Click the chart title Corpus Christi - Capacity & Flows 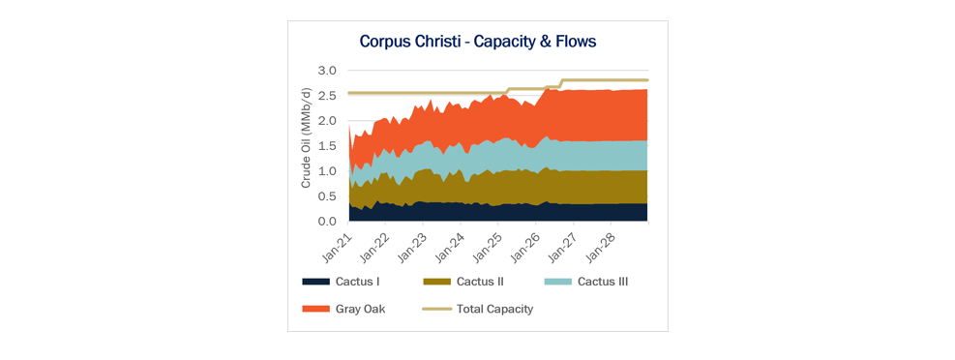(x=478, y=42)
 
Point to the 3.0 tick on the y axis (x=329, y=71)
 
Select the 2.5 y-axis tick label (x=329, y=96)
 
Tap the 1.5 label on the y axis (x=329, y=146)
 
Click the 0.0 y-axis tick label (x=329, y=222)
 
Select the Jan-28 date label (x=599, y=244)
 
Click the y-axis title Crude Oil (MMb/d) (x=307, y=137)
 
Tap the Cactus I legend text (x=358, y=282)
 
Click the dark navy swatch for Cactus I (x=315, y=282)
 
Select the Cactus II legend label (x=480, y=282)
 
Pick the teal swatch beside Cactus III (x=556, y=282)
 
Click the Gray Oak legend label (x=361, y=309)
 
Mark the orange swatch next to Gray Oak (x=315, y=309)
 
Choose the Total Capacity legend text (x=495, y=309)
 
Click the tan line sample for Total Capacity (x=436, y=309)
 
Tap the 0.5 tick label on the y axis (x=329, y=196)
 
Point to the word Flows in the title (x=575, y=42)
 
